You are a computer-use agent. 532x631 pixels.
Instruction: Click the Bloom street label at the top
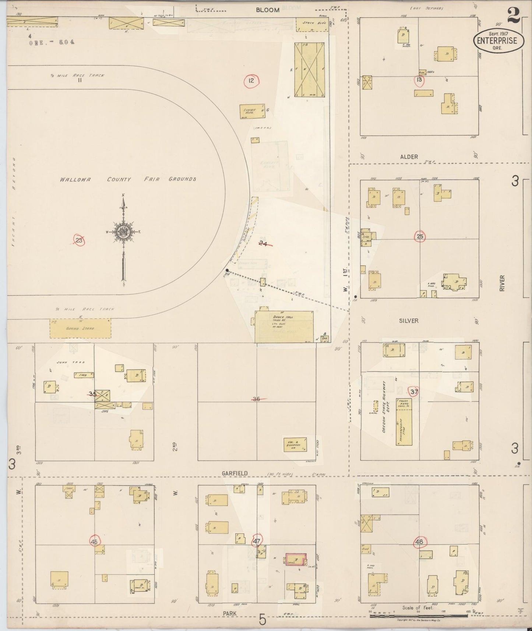coord(268,10)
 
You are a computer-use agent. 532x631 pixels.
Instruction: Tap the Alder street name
coord(409,157)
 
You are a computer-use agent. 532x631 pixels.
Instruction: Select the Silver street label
coord(409,321)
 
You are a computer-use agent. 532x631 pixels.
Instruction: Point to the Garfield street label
coord(235,473)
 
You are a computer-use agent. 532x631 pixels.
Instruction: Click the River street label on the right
coord(502,283)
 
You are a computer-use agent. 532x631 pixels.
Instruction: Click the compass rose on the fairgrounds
coord(123,232)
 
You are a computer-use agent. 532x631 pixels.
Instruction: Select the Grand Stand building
coord(80,328)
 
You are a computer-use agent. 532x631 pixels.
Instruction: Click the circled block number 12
coord(251,80)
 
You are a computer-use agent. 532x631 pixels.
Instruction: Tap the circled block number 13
coord(419,80)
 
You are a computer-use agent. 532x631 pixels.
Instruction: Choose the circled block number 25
coord(420,236)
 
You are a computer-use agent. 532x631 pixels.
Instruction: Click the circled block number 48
coord(419,542)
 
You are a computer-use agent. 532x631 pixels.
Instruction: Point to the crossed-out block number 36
coord(257,399)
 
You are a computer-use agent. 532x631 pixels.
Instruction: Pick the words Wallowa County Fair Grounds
coord(128,179)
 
